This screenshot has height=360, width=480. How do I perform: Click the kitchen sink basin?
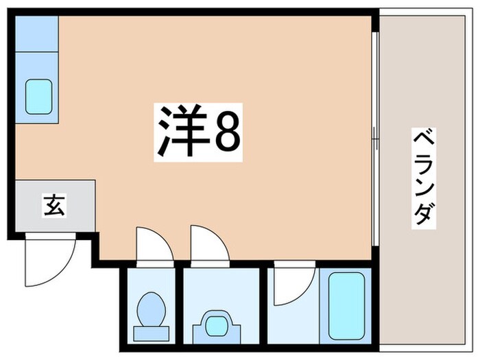39,97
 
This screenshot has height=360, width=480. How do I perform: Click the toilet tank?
150,332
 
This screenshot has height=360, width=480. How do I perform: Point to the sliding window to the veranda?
374,137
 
